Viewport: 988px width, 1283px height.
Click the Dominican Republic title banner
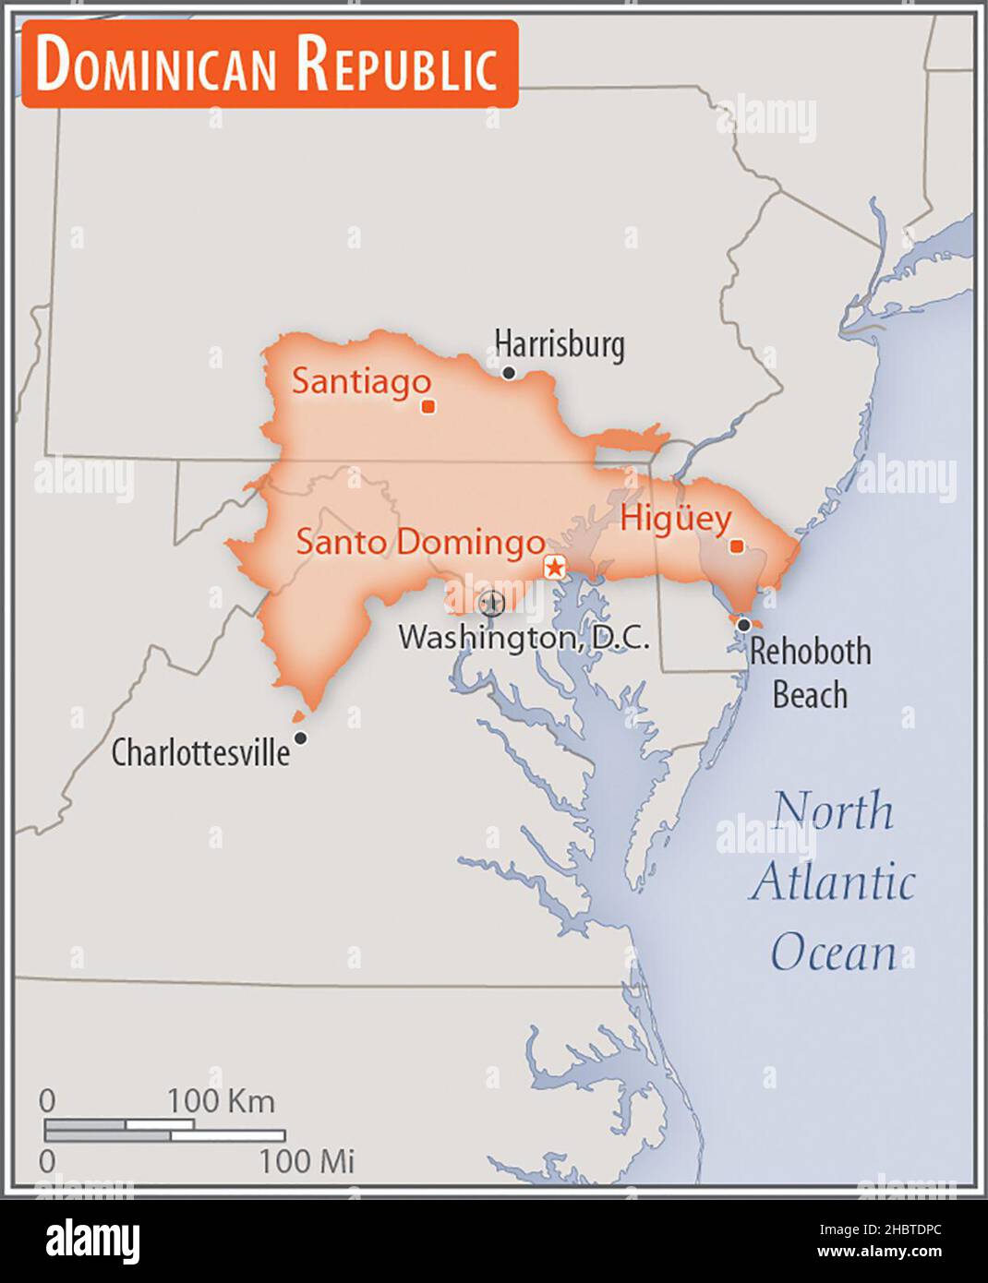pyautogui.click(x=269, y=65)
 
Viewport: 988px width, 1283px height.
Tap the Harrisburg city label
pyautogui.click(x=559, y=344)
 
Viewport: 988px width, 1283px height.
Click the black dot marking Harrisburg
pyautogui.click(x=508, y=373)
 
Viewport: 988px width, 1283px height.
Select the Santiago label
pyautogui.click(x=361, y=381)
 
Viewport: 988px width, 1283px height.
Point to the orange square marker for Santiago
pyautogui.click(x=428, y=406)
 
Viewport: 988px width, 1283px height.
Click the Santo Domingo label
pyautogui.click(x=420, y=542)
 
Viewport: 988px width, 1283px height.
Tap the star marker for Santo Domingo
pyautogui.click(x=555, y=567)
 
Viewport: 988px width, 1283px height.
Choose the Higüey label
pyautogui.click(x=676, y=519)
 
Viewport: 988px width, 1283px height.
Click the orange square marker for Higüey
pyautogui.click(x=737, y=546)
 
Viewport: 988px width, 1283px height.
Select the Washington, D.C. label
pyautogui.click(x=524, y=637)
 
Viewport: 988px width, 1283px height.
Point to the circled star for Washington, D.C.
pyautogui.click(x=491, y=604)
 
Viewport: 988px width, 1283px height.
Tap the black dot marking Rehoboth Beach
pyautogui.click(x=743, y=625)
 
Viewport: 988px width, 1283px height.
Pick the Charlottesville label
pyautogui.click(x=200, y=753)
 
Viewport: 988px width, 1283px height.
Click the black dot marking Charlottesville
pyautogui.click(x=300, y=737)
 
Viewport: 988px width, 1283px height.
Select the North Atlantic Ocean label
pyautogui.click(x=833, y=881)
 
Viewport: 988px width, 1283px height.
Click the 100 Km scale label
pyautogui.click(x=221, y=1100)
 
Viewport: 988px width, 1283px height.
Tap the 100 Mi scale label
pyautogui.click(x=307, y=1160)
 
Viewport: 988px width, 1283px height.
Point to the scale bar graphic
pyautogui.click(x=164, y=1130)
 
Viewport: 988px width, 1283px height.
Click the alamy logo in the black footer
pyautogui.click(x=92, y=1241)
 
